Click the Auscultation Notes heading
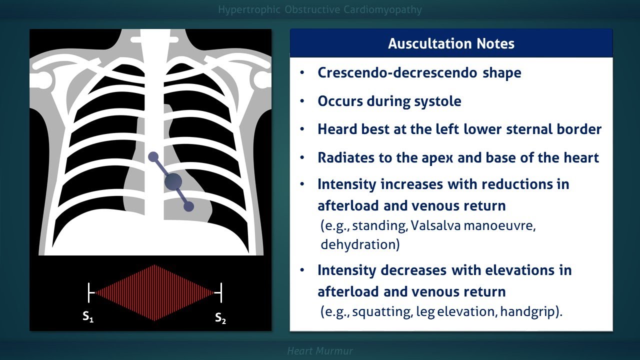[451, 43]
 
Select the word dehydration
[360, 244]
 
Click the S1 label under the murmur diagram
[88, 317]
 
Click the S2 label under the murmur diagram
[220, 317]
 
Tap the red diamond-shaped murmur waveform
[155, 292]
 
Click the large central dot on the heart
[173, 181]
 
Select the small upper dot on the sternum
[153, 157]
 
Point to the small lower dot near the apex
[188, 206]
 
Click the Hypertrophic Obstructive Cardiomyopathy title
[320, 9]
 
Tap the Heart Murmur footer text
[320, 351]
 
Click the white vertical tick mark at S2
[221, 292]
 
